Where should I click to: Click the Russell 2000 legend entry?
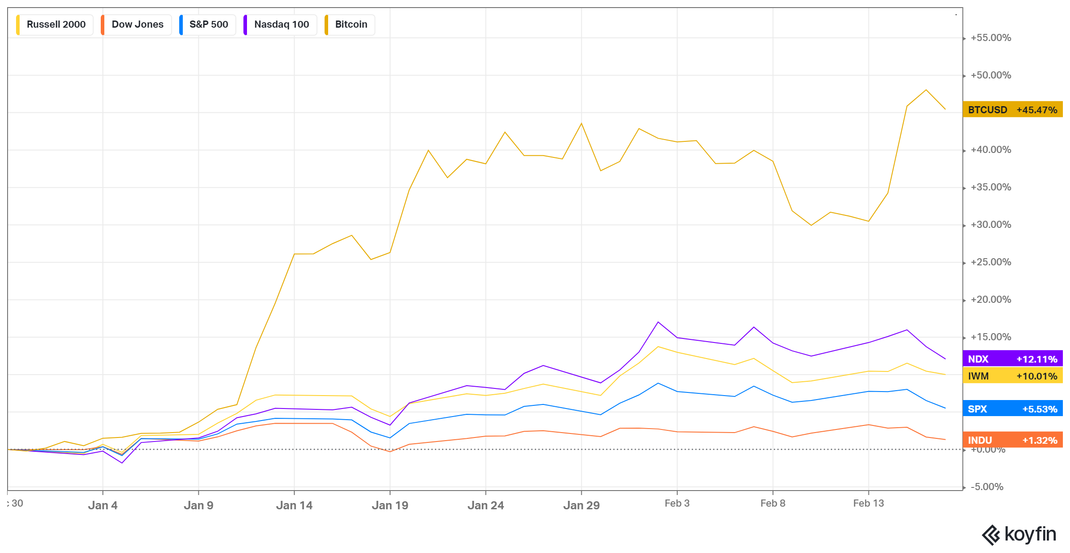(x=55, y=25)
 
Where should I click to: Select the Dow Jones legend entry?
(x=137, y=25)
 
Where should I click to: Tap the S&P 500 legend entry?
(x=208, y=25)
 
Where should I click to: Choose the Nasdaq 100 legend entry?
(x=281, y=25)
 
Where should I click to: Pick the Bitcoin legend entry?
(x=350, y=25)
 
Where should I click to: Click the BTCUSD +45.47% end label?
(x=1012, y=110)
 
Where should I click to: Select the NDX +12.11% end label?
(x=1012, y=359)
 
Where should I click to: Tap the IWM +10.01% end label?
(x=1012, y=376)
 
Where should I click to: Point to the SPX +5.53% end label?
(x=1012, y=409)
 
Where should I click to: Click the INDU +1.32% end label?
(x=1012, y=440)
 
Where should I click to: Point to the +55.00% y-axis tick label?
(x=991, y=38)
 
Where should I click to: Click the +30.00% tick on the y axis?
(x=991, y=225)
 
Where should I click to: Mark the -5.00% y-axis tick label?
(x=987, y=487)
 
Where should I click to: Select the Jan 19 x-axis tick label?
(x=390, y=505)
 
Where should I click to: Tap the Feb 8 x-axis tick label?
(x=773, y=503)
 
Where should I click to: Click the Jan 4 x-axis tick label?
(x=103, y=505)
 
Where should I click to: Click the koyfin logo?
(x=1019, y=534)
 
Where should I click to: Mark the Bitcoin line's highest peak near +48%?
(x=926, y=90)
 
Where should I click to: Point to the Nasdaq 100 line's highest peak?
(x=658, y=322)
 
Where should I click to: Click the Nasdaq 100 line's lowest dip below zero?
(x=122, y=463)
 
